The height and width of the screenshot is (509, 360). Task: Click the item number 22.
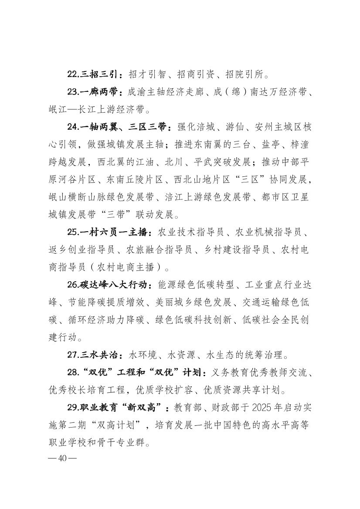tap(73, 74)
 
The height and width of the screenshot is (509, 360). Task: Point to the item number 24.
tap(73, 127)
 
